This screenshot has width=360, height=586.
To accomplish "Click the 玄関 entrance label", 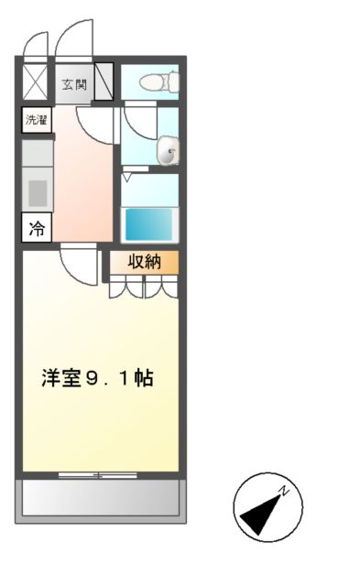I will [74, 86].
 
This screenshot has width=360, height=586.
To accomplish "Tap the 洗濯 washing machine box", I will [37, 120].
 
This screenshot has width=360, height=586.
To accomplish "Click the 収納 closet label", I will [145, 262].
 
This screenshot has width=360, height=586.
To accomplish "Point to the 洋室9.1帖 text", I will [95, 377].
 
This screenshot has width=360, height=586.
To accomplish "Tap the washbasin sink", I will [168, 153].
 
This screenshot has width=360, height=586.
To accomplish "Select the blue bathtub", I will [149, 224].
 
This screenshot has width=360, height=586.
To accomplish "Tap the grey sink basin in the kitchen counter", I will [37, 193].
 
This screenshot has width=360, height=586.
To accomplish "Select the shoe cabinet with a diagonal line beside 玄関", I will [103, 80].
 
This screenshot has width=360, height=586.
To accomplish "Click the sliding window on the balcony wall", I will [98, 474].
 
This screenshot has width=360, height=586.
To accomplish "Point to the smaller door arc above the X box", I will [35, 44].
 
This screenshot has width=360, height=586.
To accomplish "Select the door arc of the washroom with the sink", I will [139, 124].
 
